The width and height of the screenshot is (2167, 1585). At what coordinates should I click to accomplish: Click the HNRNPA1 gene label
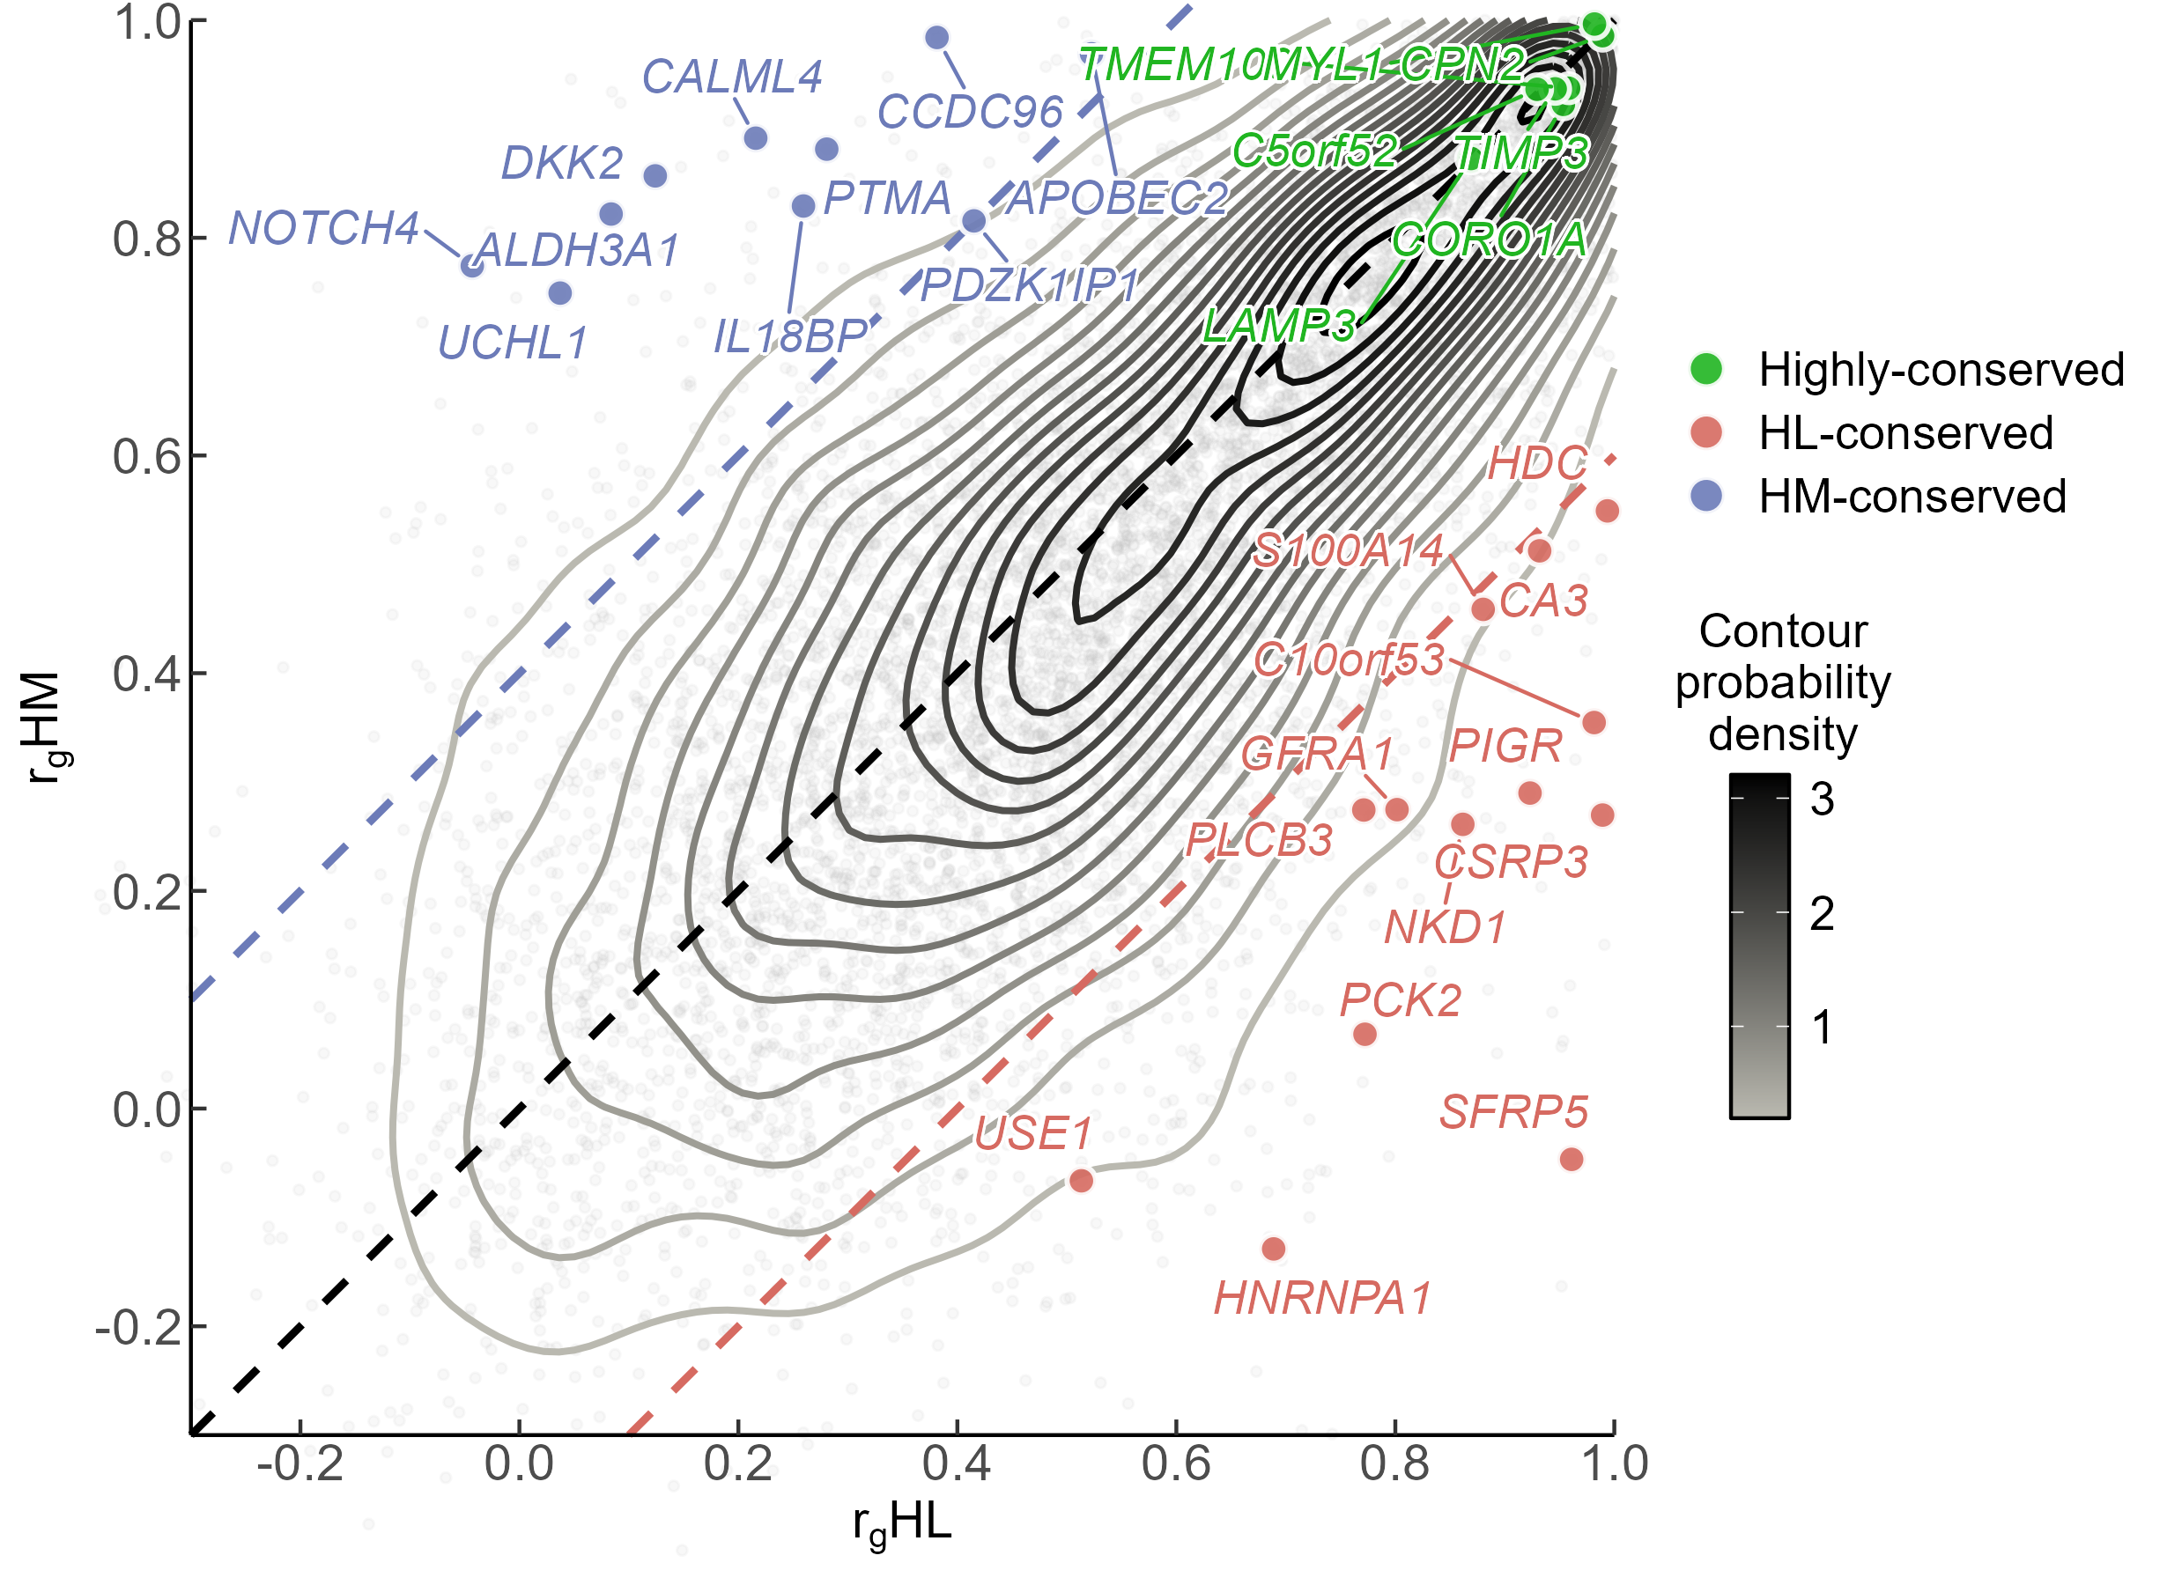point(1321,1298)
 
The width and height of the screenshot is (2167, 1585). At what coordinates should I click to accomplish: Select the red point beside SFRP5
point(1571,1159)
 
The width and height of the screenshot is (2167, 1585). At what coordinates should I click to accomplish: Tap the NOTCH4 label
point(323,228)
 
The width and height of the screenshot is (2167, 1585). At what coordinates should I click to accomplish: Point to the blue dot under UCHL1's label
point(560,292)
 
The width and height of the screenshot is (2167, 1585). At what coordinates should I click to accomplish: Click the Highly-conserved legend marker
point(1706,368)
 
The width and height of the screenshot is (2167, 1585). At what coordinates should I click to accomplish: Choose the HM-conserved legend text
point(1912,496)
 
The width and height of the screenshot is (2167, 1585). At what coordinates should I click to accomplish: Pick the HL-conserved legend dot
point(1706,431)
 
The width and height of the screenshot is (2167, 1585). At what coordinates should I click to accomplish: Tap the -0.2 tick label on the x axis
point(300,1464)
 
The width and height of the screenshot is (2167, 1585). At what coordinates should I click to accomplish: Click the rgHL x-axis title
point(902,1523)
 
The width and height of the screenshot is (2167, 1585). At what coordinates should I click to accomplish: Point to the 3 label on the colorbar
point(1822,799)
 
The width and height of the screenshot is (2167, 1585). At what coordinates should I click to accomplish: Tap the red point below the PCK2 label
point(1364,1035)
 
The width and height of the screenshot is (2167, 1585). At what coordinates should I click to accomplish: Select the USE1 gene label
point(1032,1134)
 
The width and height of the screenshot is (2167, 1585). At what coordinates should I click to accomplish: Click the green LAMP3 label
point(1278,326)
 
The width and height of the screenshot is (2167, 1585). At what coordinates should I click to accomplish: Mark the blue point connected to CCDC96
point(936,37)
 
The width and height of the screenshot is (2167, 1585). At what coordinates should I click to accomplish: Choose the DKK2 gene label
point(562,163)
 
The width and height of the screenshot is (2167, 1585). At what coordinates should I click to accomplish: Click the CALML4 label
point(731,77)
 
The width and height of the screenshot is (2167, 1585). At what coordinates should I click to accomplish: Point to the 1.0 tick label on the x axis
point(1614,1464)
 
